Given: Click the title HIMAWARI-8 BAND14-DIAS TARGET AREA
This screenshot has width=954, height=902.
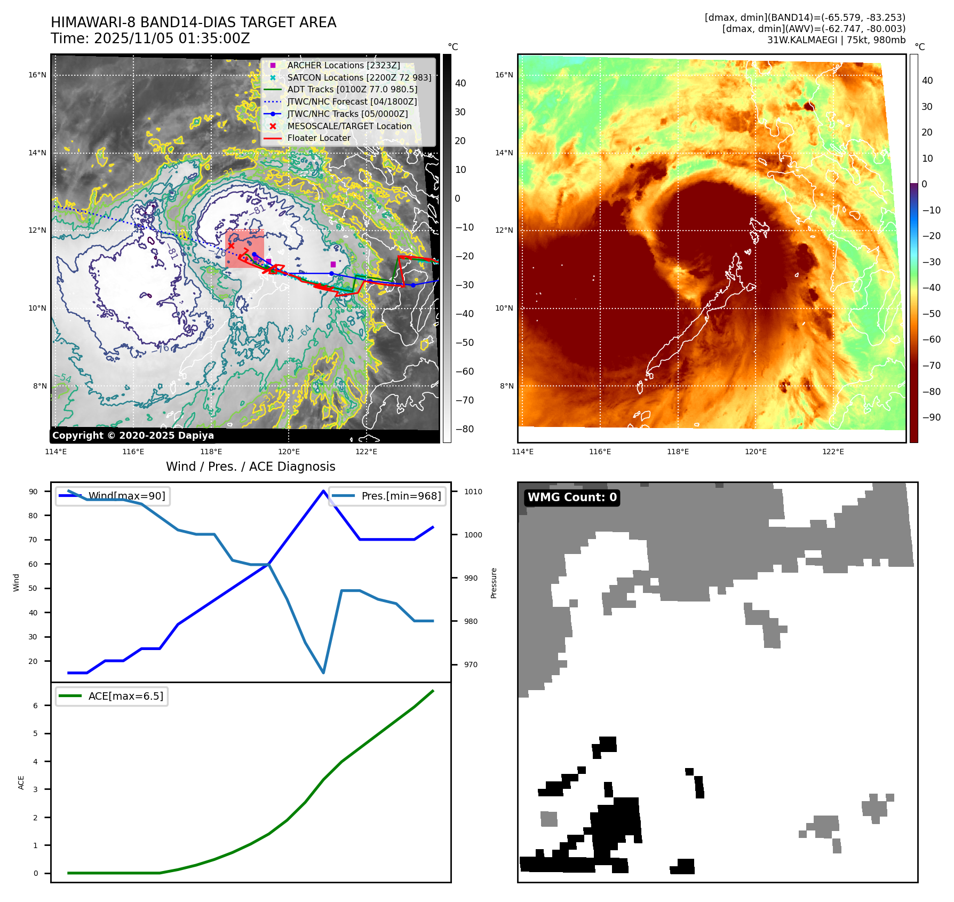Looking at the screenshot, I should [x=193, y=23].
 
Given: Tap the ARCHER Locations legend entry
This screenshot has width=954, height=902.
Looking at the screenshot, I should [x=343, y=65].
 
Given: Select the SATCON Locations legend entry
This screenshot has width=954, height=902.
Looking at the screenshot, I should [x=359, y=77].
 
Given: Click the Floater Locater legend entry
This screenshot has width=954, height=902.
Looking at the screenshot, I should [x=319, y=138].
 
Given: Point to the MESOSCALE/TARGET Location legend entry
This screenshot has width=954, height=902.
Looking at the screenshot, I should [x=349, y=126].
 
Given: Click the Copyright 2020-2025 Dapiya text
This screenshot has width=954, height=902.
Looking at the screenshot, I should [x=133, y=436].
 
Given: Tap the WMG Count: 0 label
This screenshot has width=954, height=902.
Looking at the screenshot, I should [x=572, y=497].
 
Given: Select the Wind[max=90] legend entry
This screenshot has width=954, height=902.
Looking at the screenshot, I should [x=126, y=496].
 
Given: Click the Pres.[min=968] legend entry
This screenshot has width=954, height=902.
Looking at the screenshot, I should [x=401, y=496].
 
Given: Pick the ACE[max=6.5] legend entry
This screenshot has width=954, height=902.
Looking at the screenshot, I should [x=125, y=696].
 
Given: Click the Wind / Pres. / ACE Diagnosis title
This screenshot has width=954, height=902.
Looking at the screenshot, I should [x=251, y=466].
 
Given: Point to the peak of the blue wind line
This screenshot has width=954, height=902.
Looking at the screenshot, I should [x=323, y=491].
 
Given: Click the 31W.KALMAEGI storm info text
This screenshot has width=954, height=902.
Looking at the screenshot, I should [x=836, y=40].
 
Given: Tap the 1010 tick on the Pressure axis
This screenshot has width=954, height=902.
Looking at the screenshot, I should [x=473, y=492].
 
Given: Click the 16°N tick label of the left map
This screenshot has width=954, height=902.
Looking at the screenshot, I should [x=37, y=75].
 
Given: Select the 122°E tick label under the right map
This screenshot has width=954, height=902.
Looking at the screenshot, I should [x=833, y=452].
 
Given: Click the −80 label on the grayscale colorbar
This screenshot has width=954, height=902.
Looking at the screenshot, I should [x=464, y=429].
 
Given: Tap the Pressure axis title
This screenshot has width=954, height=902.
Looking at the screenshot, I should [x=494, y=583].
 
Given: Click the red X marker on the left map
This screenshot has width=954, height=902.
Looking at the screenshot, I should [x=230, y=246].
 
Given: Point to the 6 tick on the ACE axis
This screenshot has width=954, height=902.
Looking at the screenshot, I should [x=36, y=706].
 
